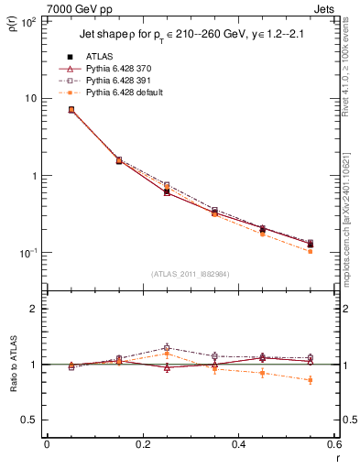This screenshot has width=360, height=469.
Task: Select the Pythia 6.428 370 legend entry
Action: pyautogui.click(x=114, y=69)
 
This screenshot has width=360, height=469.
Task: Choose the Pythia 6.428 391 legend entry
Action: pyautogui.click(x=114, y=81)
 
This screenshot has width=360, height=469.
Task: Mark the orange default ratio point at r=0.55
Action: pyautogui.click(x=311, y=379)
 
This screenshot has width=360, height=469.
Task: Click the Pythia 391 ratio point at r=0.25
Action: pyautogui.click(x=167, y=348)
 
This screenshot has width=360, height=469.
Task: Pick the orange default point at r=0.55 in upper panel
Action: pyautogui.click(x=311, y=251)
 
